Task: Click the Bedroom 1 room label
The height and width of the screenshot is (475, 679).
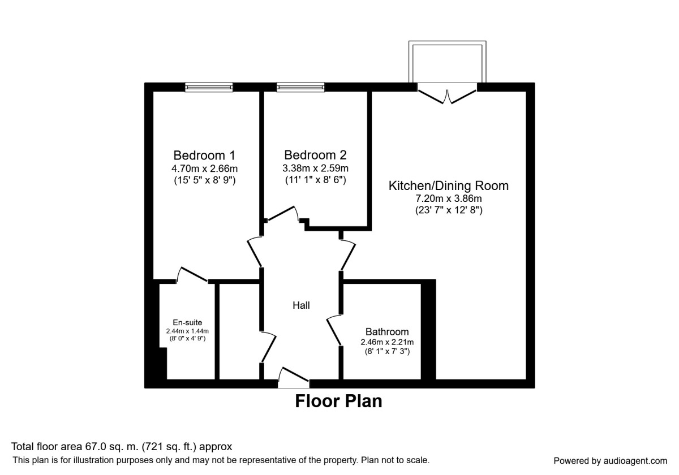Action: pyautogui.click(x=204, y=155)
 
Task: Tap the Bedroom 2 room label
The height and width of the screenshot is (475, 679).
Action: pyautogui.click(x=315, y=155)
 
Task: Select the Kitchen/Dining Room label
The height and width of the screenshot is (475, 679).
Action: pyautogui.click(x=448, y=185)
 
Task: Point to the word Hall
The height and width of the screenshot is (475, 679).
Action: pyautogui.click(x=301, y=305)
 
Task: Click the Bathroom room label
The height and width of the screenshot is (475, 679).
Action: pyautogui.click(x=387, y=332)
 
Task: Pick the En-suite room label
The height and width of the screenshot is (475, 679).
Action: pyautogui.click(x=187, y=323)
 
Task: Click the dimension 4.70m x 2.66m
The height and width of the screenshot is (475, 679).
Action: pyautogui.click(x=204, y=169)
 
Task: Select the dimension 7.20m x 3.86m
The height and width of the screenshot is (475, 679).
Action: pyautogui.click(x=448, y=198)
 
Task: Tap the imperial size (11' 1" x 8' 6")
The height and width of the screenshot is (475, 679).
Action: pyautogui.click(x=315, y=180)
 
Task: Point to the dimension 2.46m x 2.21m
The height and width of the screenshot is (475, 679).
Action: pyautogui.click(x=387, y=342)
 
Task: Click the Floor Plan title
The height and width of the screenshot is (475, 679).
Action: pyautogui.click(x=338, y=401)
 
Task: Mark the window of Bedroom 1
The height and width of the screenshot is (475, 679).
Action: pyautogui.click(x=209, y=87)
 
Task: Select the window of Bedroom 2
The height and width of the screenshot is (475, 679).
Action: pyautogui.click(x=300, y=87)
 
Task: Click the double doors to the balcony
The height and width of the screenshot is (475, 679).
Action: pyautogui.click(x=448, y=94)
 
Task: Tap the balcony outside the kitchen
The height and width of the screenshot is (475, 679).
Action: pyautogui.click(x=448, y=62)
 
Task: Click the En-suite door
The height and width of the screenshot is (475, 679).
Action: pyautogui.click(x=192, y=275)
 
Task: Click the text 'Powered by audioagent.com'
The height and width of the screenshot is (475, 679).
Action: pyautogui.click(x=610, y=461)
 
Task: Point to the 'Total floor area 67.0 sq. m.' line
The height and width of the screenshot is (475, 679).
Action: pyautogui.click(x=122, y=447)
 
